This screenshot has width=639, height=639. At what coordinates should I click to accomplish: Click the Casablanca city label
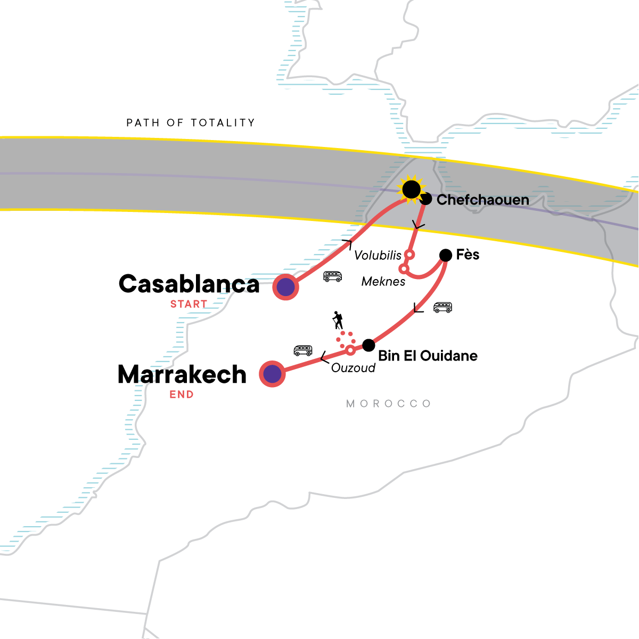(189, 284)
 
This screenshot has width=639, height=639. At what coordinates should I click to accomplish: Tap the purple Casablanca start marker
(286, 288)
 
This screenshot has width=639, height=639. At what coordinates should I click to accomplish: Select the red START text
(189, 304)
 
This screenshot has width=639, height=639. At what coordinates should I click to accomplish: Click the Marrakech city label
(182, 375)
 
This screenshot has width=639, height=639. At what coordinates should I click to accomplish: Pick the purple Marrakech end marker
(273, 374)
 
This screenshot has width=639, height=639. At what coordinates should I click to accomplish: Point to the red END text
(182, 395)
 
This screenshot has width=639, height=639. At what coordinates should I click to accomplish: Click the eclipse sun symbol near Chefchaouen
(411, 189)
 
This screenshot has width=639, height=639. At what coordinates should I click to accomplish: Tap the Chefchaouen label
(482, 200)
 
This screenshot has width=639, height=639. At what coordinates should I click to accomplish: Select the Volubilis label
(378, 256)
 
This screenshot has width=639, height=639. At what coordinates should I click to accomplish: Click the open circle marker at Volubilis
(409, 254)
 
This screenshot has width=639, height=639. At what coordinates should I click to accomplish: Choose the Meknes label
(383, 282)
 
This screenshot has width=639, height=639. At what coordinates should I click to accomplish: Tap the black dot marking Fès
(445, 255)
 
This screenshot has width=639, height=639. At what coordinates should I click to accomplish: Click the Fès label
(468, 255)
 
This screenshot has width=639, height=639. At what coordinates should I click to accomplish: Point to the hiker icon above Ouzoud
(338, 320)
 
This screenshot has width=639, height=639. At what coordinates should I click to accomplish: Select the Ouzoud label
(353, 368)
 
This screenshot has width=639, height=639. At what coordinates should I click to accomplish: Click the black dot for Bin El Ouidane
(368, 345)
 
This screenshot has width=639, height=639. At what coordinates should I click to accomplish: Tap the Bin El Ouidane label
(428, 356)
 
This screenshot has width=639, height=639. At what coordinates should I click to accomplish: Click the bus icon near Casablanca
(333, 276)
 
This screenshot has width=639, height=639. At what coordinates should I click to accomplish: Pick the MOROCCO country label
(389, 404)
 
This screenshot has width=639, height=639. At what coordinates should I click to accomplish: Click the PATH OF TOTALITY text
(191, 123)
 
